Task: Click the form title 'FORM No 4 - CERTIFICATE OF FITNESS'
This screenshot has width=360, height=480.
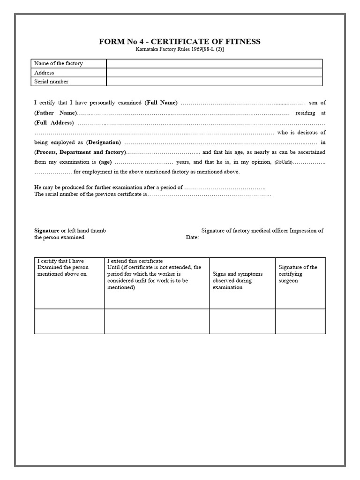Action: pyautogui.click(x=180, y=42)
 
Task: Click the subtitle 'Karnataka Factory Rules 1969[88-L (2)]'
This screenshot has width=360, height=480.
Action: pyautogui.click(x=180, y=50)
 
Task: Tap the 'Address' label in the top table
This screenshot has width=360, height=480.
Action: pyautogui.click(x=45, y=73)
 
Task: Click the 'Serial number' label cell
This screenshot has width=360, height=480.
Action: pyautogui.click(x=52, y=82)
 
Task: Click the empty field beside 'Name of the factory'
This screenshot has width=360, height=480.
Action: pyautogui.click(x=214, y=63)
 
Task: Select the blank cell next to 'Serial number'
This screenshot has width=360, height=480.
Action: pyautogui.click(x=214, y=82)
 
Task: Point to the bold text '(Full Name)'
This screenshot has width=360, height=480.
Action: pyautogui.click(x=161, y=103)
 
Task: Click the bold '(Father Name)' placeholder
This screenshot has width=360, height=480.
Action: pyautogui.click(x=55, y=113)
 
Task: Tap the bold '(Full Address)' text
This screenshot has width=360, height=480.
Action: pyautogui.click(x=54, y=123)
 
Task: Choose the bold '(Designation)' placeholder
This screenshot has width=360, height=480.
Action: pyautogui.click(x=104, y=142)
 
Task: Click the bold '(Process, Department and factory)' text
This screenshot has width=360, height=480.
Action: pyautogui.click(x=80, y=152)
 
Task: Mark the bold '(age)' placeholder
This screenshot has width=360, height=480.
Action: pyautogui.click(x=105, y=162)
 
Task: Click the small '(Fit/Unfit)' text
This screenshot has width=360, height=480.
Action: pyautogui.click(x=284, y=162)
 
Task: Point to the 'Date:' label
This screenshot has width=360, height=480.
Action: pyautogui.click(x=192, y=238)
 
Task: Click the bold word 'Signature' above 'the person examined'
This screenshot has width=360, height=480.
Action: pyautogui.click(x=47, y=231)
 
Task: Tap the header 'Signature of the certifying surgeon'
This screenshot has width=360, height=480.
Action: pyautogui.click(x=298, y=274)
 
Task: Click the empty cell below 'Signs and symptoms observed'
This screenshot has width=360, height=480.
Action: pyautogui.click(x=242, y=321)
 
